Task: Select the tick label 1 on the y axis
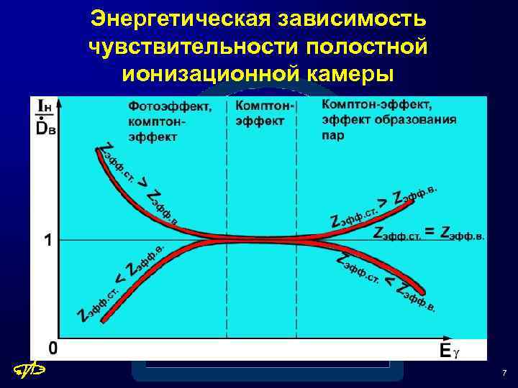click(48, 240)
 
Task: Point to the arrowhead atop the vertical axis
click(63, 103)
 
